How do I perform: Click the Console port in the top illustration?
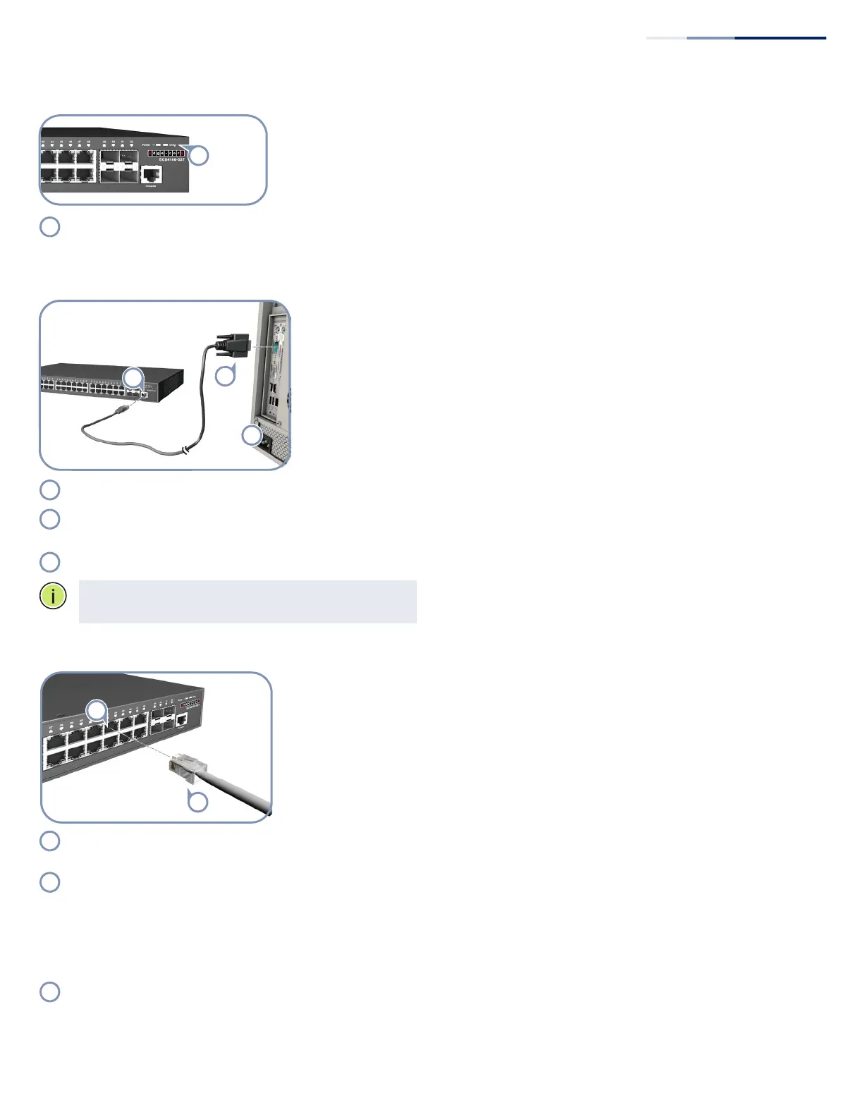151,174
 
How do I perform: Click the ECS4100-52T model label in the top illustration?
171,160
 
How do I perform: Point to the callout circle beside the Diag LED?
200,156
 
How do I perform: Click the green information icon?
52,596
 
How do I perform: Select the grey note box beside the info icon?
247,602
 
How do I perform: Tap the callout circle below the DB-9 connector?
225,376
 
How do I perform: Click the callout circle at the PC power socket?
252,436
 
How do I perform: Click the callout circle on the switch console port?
133,378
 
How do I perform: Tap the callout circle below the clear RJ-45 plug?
197,801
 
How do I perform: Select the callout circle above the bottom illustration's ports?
97,710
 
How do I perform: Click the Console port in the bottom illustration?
181,720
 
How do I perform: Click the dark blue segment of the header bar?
780,38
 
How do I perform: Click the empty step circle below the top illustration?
49,227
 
